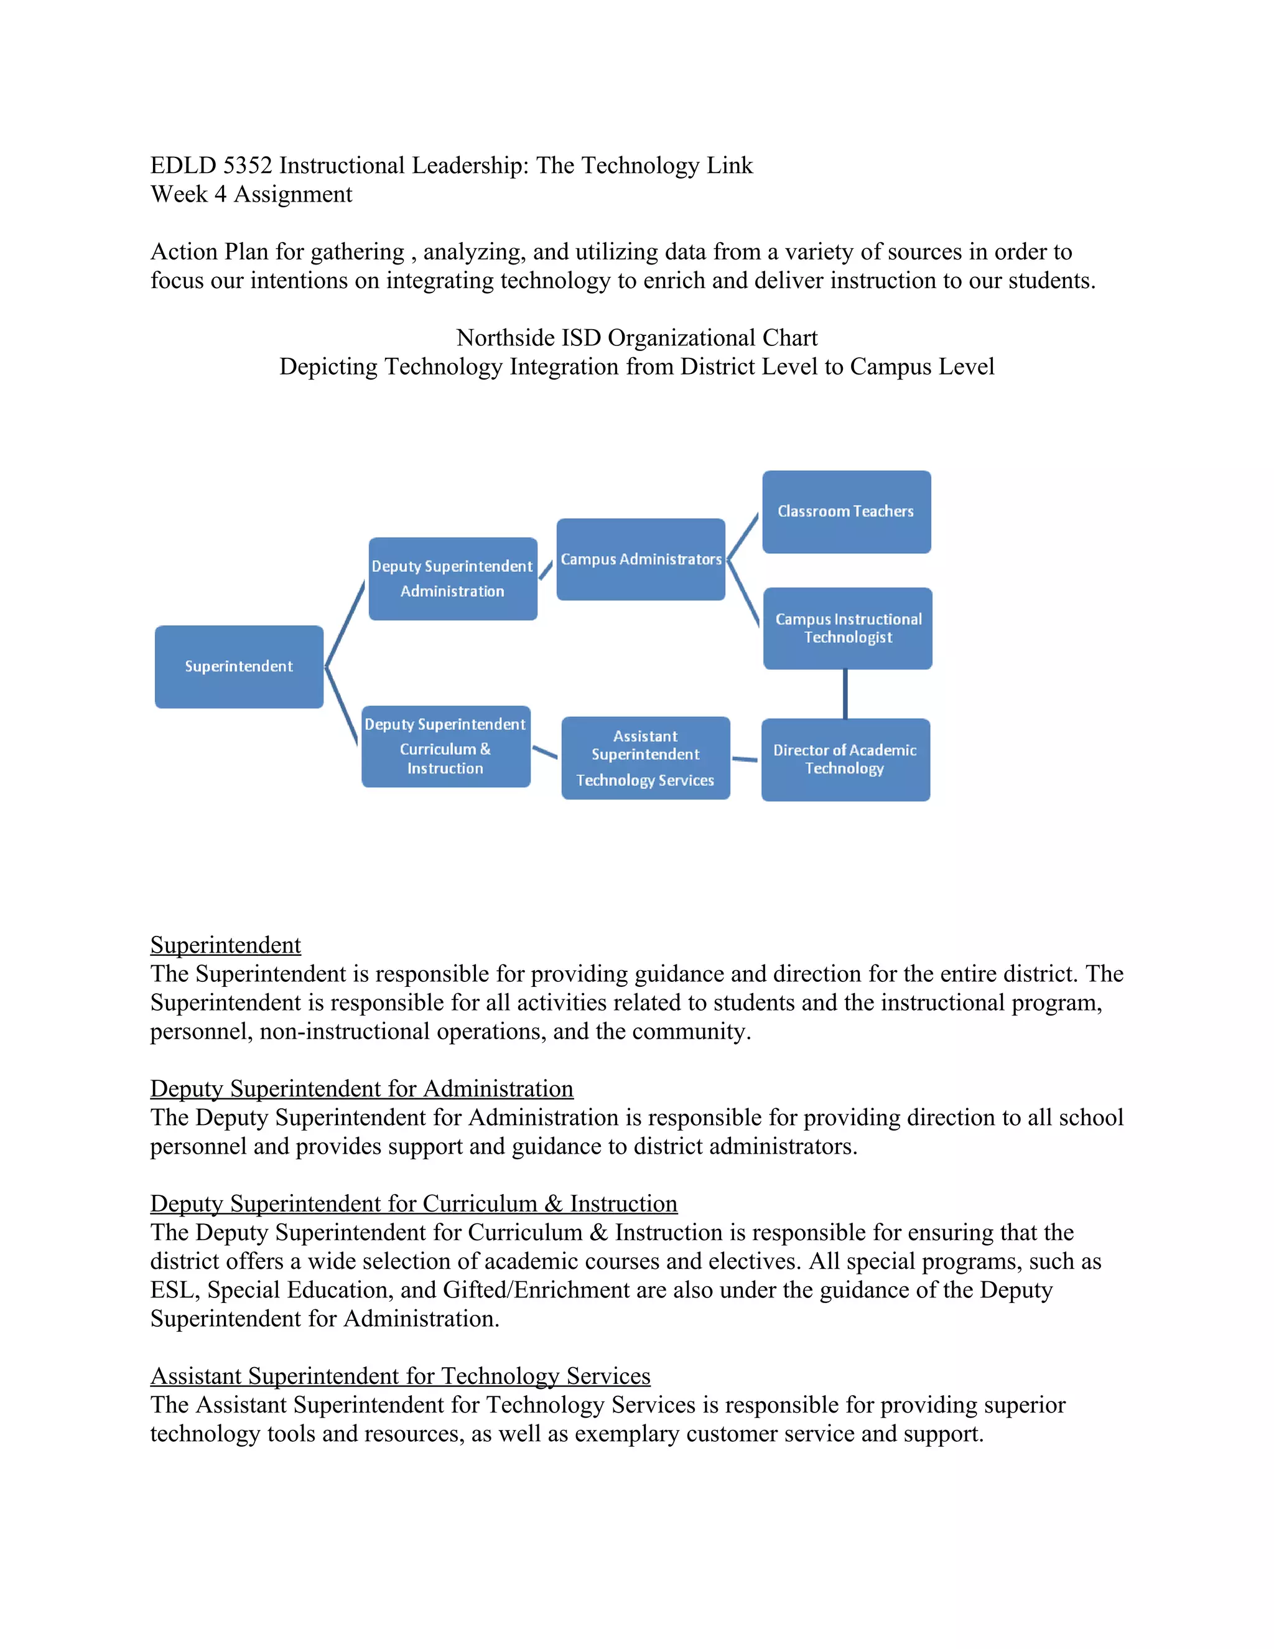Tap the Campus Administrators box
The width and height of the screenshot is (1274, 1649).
tap(641, 559)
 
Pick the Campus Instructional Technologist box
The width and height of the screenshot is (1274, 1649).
tap(848, 628)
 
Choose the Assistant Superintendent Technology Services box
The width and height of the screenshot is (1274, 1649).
tap(645, 757)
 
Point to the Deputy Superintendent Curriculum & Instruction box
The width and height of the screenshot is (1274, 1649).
tap(445, 746)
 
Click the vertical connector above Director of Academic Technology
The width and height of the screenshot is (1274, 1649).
tap(845, 693)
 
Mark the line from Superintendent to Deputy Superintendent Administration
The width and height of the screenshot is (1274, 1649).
tap(345, 624)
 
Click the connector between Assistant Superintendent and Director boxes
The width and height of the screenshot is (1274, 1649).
tap(745, 759)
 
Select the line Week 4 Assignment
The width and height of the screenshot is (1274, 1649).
tap(251, 194)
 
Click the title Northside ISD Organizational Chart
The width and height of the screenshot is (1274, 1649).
tap(636, 337)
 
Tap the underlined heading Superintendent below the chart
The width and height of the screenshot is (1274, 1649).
tap(225, 945)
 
